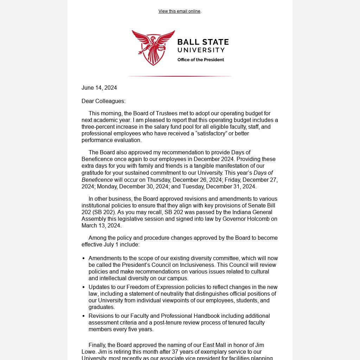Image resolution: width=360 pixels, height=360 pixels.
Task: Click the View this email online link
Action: click(179, 11)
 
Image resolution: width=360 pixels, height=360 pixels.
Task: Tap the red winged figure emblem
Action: click(153, 47)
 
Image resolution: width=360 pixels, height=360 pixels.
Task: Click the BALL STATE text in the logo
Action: click(203, 43)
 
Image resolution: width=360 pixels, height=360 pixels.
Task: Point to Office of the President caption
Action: click(201, 60)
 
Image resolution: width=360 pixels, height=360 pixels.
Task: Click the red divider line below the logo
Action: click(180, 76)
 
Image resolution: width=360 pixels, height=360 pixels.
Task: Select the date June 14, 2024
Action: click(99, 88)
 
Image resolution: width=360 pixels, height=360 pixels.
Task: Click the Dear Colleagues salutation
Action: click(103, 101)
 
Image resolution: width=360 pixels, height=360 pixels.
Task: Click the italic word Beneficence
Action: click(97, 180)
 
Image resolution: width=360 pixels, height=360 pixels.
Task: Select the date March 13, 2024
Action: click(101, 225)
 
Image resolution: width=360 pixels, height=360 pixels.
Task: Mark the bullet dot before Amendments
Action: click(83, 258)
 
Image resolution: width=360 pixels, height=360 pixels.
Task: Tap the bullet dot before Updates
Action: click(83, 287)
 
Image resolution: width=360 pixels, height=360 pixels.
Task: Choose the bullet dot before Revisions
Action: click(83, 316)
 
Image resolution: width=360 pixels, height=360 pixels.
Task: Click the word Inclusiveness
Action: click(197, 265)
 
